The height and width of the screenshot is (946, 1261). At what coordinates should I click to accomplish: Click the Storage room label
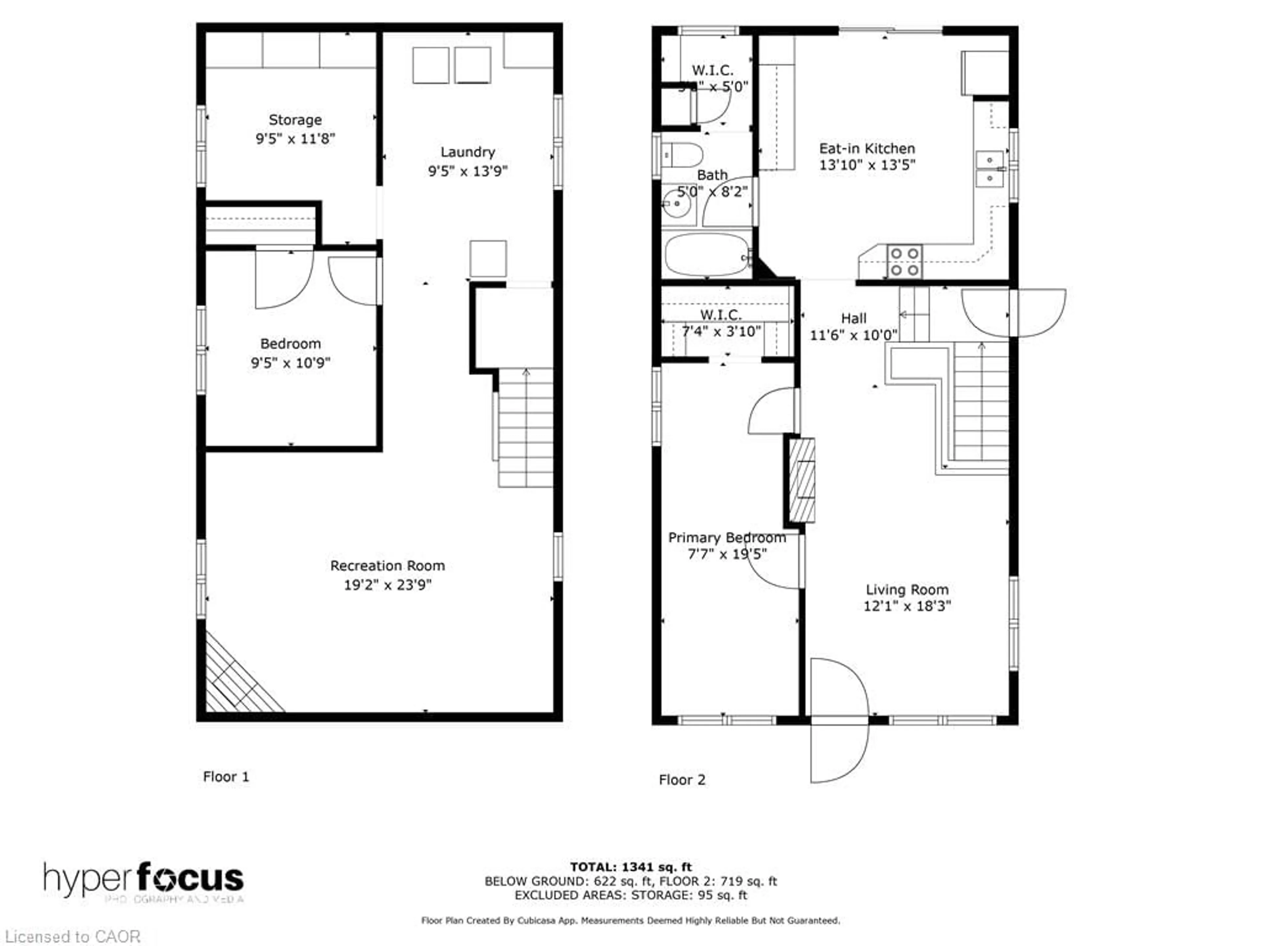(x=295, y=120)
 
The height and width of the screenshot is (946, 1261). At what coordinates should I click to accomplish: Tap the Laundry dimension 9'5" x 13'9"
(x=468, y=170)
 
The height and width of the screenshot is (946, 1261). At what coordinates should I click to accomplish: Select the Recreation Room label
(x=387, y=566)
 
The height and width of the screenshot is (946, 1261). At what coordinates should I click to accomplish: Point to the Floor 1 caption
(x=226, y=777)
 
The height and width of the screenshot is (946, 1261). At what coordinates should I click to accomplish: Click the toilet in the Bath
(x=682, y=154)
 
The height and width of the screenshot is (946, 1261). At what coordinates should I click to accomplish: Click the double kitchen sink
(x=990, y=169)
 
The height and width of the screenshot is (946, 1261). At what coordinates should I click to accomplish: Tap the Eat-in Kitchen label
(x=867, y=148)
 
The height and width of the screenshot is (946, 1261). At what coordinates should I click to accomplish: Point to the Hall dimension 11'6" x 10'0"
(x=853, y=335)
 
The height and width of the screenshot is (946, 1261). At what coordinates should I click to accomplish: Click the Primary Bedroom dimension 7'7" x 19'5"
(x=727, y=554)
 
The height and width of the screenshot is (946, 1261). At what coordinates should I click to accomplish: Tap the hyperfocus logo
(x=144, y=878)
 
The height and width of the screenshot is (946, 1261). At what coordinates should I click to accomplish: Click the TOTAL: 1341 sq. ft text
(x=630, y=867)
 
